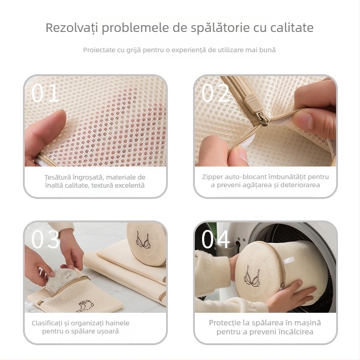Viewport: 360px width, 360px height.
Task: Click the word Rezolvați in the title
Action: click(x=72, y=28)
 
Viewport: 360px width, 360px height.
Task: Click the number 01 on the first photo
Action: click(x=45, y=93)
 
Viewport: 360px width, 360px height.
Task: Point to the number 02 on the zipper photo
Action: click(x=215, y=93)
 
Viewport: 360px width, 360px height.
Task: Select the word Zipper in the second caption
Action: click(x=212, y=177)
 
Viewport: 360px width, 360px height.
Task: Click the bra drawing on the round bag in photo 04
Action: click(x=252, y=275)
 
